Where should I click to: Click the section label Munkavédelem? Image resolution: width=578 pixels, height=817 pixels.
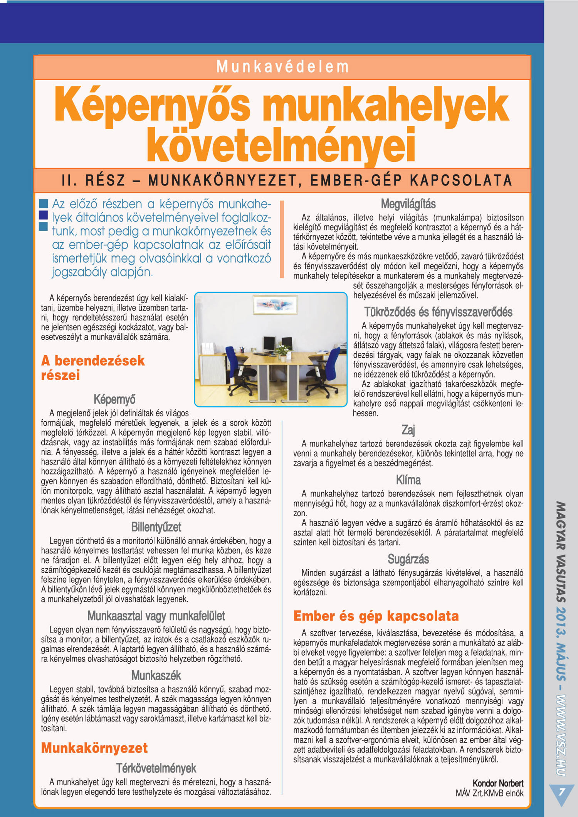click(282, 67)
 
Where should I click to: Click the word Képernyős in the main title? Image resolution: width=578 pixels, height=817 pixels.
click(153, 105)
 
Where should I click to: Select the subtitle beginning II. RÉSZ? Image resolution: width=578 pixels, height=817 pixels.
click(287, 180)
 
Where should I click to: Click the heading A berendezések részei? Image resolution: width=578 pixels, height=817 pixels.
click(93, 367)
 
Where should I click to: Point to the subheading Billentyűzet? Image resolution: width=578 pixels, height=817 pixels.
click(156, 527)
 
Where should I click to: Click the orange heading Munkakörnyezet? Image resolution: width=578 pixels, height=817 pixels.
click(94, 748)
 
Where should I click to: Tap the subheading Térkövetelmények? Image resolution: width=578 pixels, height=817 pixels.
click(156, 768)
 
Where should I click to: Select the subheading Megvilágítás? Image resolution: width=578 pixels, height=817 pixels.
click(408, 204)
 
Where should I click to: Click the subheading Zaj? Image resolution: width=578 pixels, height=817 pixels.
click(408, 430)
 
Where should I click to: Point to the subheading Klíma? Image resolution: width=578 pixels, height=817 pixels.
click(408, 480)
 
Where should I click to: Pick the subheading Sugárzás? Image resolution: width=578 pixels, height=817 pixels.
click(408, 559)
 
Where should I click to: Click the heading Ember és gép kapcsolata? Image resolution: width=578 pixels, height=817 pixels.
click(376, 616)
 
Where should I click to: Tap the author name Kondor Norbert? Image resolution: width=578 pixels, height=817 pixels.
click(498, 783)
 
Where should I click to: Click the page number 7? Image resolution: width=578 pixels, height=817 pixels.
click(561, 792)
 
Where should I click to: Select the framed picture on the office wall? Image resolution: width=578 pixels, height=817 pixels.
click(275, 305)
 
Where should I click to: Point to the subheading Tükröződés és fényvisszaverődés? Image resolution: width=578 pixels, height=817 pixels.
click(438, 312)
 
